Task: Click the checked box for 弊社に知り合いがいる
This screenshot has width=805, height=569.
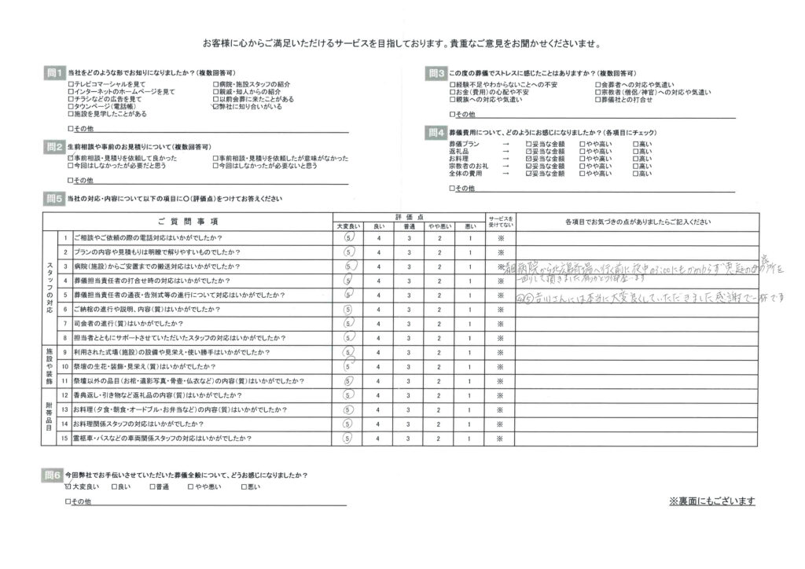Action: pyautogui.click(x=215, y=107)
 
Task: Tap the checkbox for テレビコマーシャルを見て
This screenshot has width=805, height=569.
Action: pyautogui.click(x=71, y=84)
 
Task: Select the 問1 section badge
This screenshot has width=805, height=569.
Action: pyautogui.click(x=53, y=72)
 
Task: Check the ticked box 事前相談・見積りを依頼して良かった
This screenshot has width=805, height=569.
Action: pyautogui.click(x=71, y=159)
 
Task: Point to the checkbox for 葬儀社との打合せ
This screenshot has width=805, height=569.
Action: pyautogui.click(x=597, y=100)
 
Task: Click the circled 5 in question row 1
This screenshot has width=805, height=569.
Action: pyautogui.click(x=349, y=238)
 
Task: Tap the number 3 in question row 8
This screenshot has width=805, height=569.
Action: pyautogui.click(x=408, y=338)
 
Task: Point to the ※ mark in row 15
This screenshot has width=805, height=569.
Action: pyautogui.click(x=498, y=438)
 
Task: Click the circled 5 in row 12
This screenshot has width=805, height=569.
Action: pyautogui.click(x=348, y=395)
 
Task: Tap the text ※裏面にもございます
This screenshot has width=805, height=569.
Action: pyautogui.click(x=711, y=501)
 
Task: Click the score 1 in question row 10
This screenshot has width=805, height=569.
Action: pyautogui.click(x=469, y=366)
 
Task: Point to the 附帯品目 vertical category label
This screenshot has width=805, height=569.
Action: pyautogui.click(x=50, y=416)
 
